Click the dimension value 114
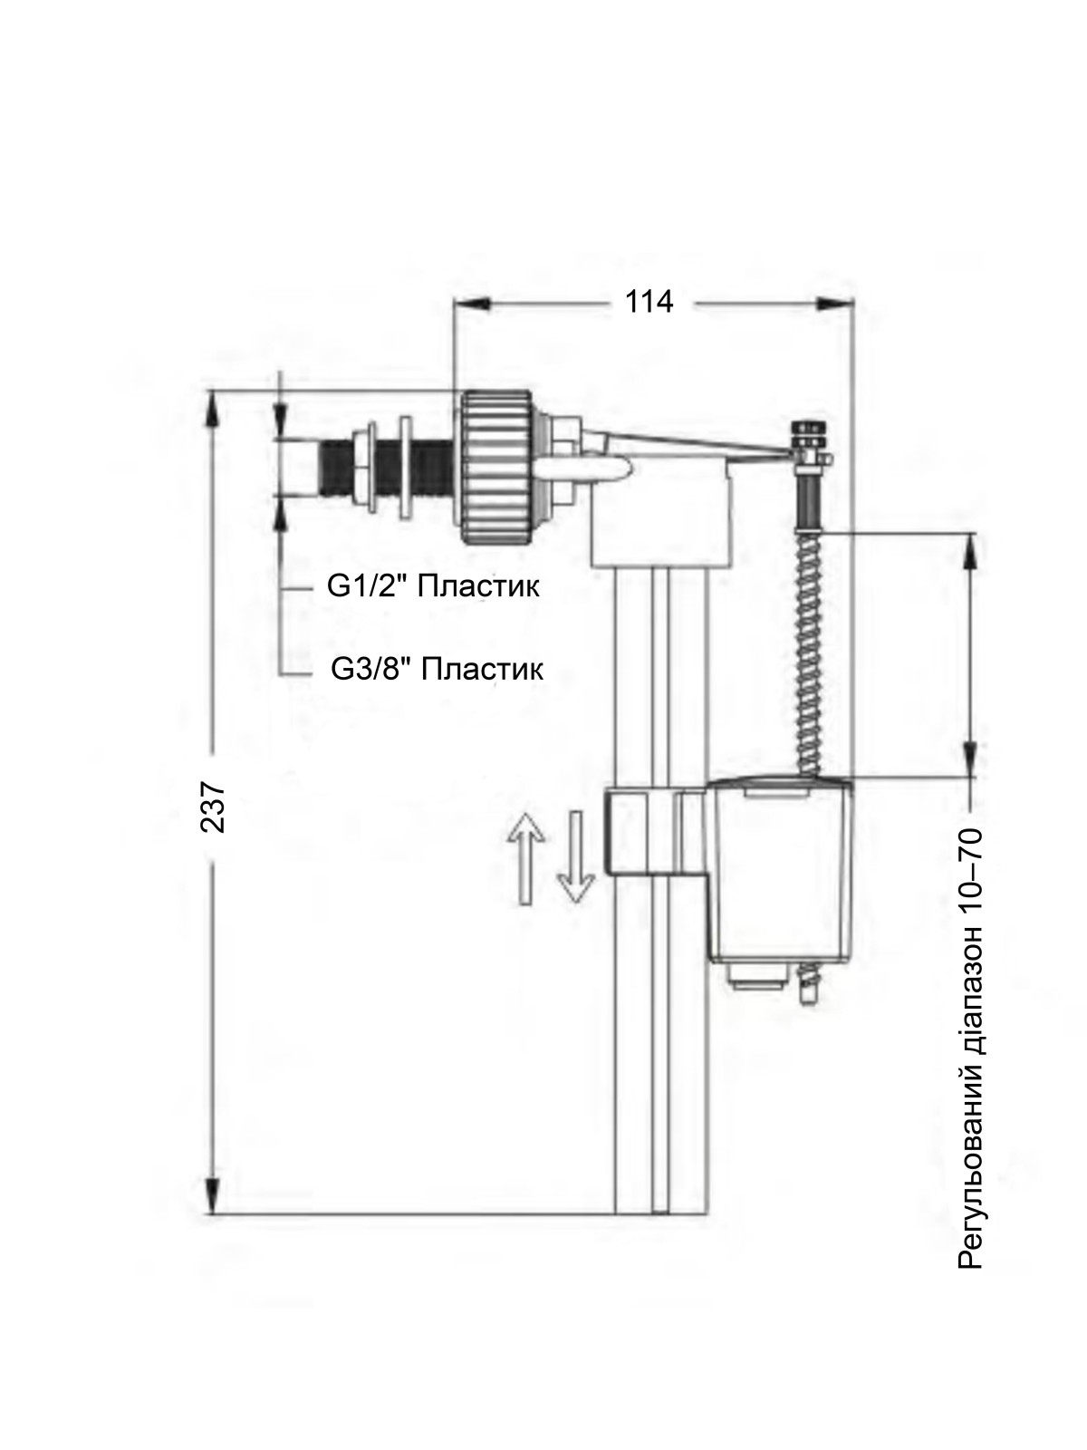(649, 303)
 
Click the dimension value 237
(213, 807)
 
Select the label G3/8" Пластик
(437, 669)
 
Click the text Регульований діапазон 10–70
(969, 1049)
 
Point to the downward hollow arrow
(576, 857)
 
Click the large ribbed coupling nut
(495, 467)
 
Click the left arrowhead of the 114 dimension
(473, 304)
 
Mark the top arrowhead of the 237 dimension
(213, 411)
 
